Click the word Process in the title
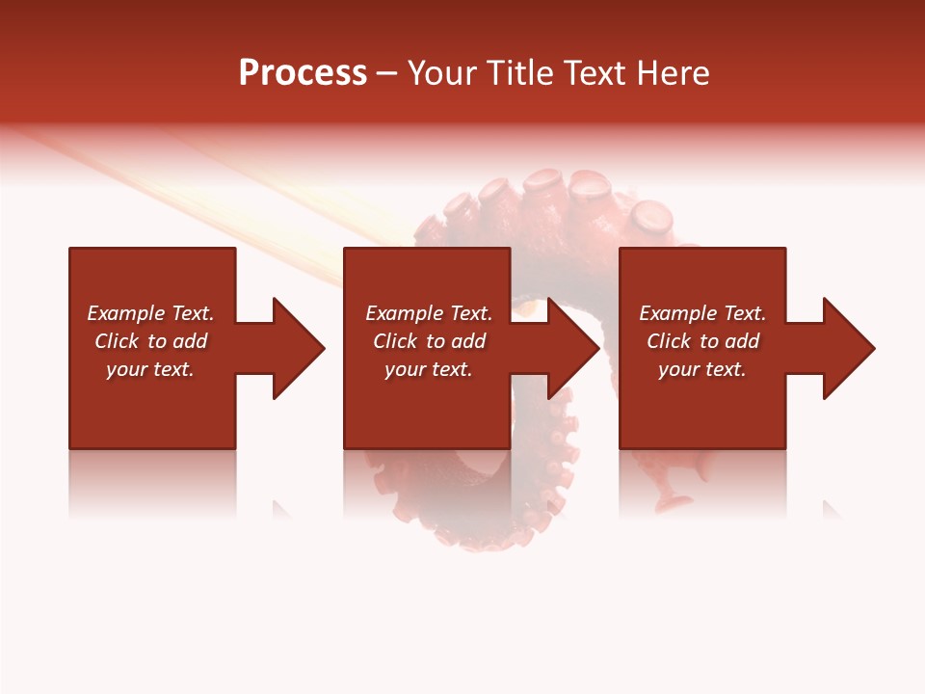(303, 73)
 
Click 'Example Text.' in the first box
(150, 313)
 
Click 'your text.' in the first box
(150, 369)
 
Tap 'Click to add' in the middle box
(429, 341)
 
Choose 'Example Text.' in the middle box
(429, 313)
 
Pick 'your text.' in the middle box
(429, 369)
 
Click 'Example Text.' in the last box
(702, 313)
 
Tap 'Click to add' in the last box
(702, 341)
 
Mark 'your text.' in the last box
(702, 369)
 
